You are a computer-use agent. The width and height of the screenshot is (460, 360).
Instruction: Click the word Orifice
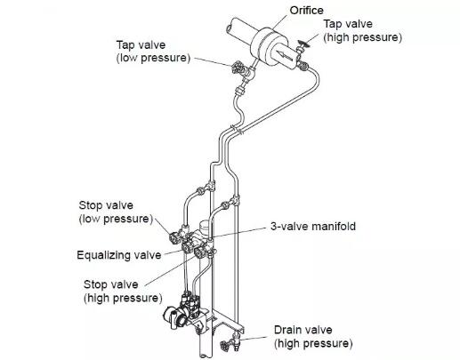point(306,11)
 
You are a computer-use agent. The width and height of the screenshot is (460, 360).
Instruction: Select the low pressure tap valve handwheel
point(238,68)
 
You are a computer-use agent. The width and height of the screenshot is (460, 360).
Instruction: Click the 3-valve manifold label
point(313,227)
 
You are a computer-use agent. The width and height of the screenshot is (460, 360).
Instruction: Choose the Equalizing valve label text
point(119,255)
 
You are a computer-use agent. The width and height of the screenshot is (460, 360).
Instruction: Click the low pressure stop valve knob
point(174,237)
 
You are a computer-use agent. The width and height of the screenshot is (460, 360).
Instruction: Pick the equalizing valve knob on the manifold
point(187,248)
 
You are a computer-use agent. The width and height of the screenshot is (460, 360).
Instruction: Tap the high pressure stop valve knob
point(199,252)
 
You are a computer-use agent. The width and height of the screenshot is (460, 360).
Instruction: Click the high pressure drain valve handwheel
point(224,345)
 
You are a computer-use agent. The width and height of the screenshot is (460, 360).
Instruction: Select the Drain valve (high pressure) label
point(313,337)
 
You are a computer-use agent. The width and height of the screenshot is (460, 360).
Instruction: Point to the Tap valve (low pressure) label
point(153,52)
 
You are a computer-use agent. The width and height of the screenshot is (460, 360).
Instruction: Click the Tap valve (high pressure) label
point(362,31)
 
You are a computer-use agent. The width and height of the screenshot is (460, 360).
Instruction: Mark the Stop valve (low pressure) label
point(116,212)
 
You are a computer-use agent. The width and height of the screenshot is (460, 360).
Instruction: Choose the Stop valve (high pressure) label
point(123,292)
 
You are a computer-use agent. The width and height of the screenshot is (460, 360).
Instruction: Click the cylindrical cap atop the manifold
point(205,227)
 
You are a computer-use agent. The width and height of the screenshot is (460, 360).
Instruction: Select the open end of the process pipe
point(229,29)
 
